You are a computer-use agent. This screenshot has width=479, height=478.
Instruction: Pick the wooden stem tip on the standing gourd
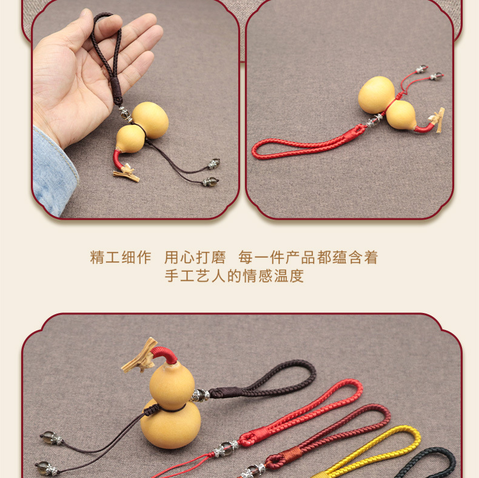(139, 358)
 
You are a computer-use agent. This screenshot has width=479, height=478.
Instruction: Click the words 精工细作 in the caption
(121, 257)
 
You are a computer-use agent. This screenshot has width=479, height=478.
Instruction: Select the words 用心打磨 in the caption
(195, 257)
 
